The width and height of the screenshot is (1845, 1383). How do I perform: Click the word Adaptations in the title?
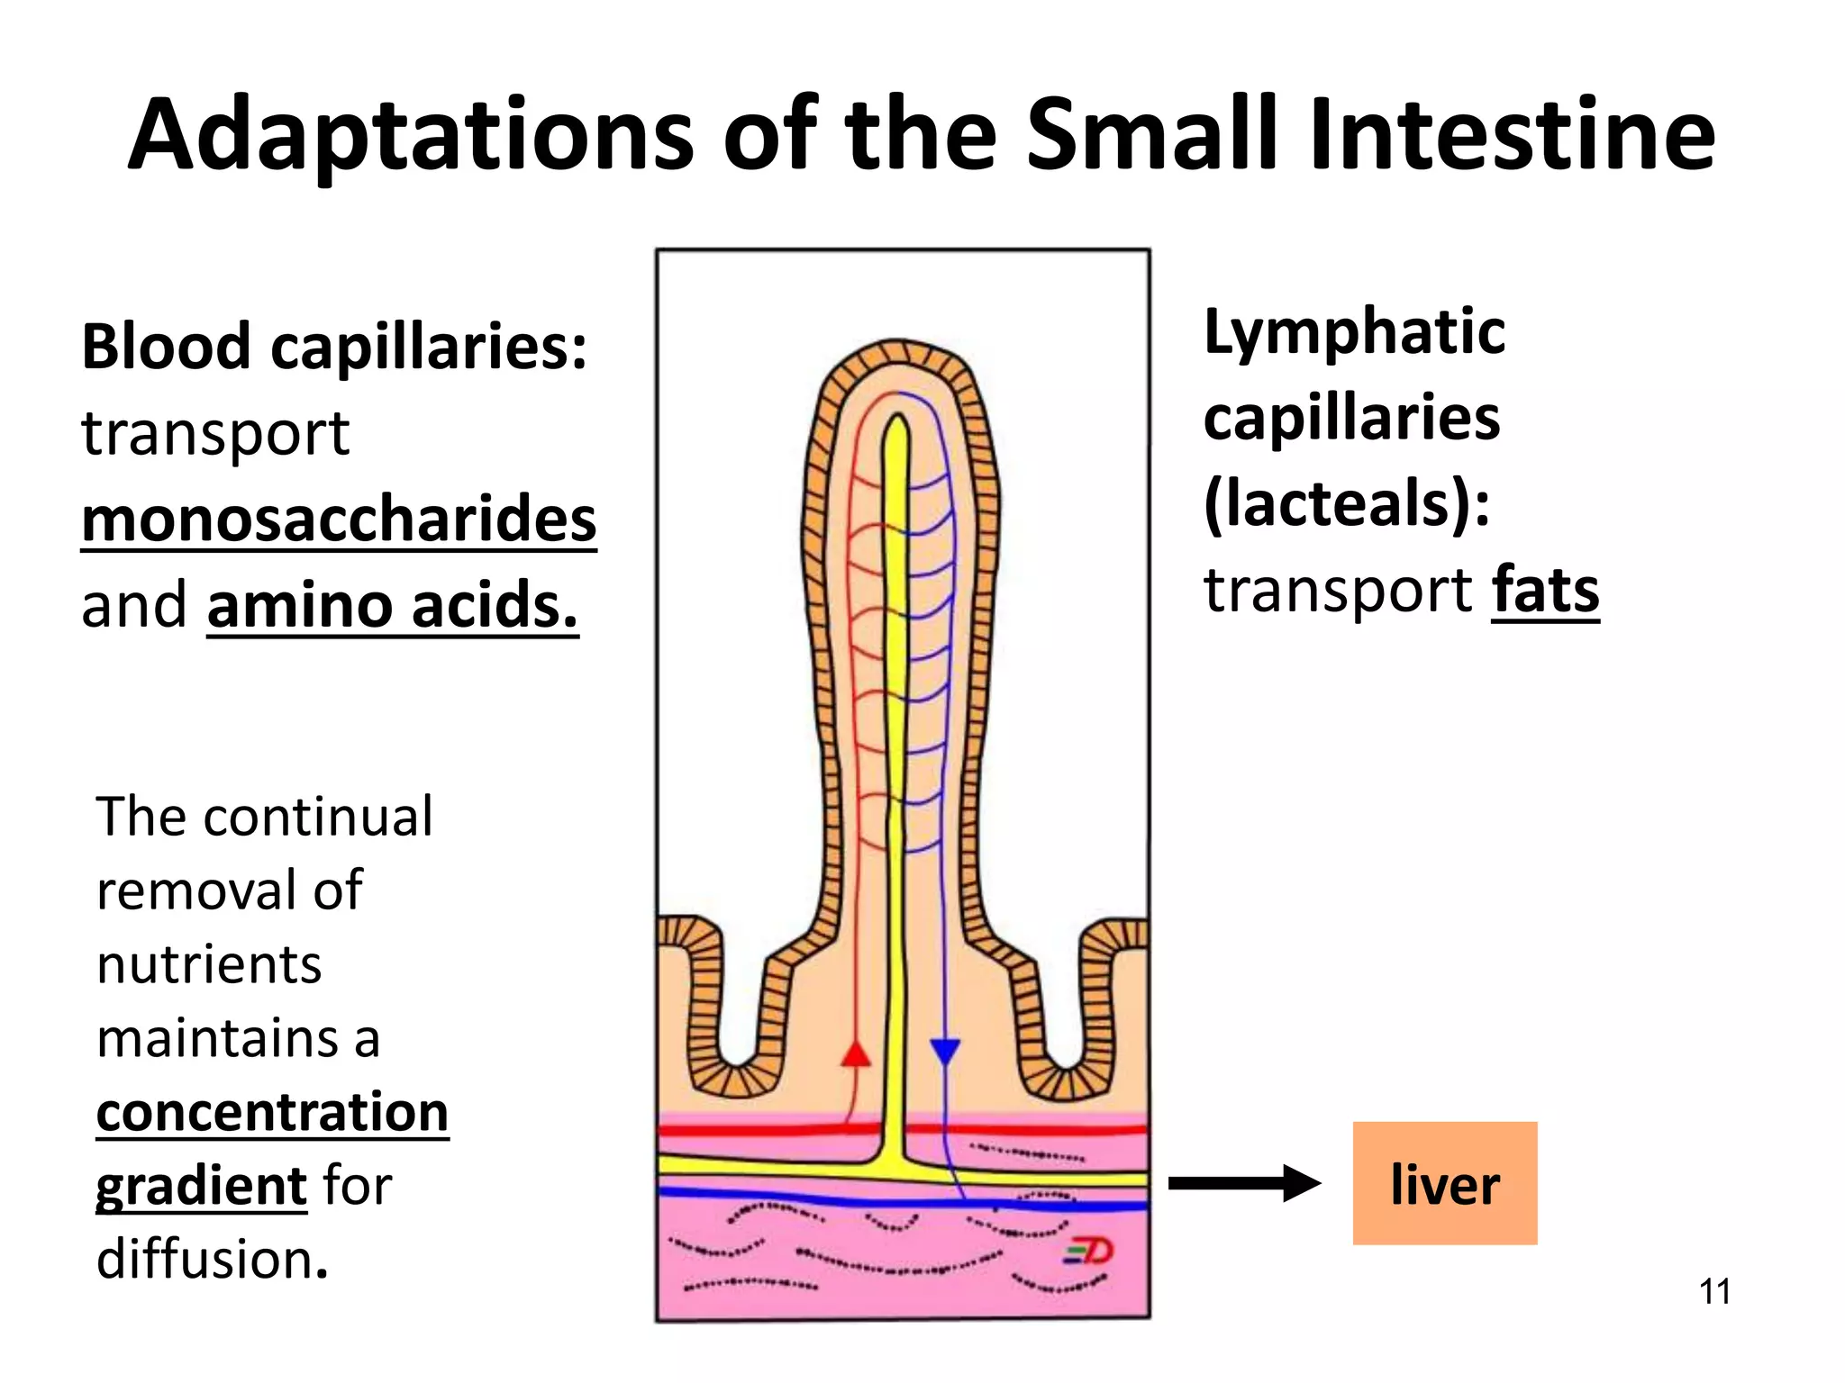(411, 135)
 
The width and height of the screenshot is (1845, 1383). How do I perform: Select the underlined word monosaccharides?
(339, 520)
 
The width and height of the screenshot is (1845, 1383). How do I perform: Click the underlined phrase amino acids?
(392, 605)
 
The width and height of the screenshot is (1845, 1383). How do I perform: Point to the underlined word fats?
(1545, 591)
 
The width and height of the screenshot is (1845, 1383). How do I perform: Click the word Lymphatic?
(1354, 331)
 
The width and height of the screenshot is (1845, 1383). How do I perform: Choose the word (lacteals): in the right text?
(1347, 503)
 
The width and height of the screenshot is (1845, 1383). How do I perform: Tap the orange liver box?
(1444, 1183)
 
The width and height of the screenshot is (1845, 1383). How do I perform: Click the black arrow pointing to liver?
(1243, 1183)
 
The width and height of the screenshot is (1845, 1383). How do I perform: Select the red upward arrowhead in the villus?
(856, 1053)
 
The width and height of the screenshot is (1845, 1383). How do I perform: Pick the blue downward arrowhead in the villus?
(944, 1052)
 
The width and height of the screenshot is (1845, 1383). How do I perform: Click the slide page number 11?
(1714, 1291)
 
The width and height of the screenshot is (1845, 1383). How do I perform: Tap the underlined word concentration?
(272, 1112)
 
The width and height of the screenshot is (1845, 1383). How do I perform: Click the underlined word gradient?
(202, 1186)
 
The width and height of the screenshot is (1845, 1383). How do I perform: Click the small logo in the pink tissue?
(1089, 1251)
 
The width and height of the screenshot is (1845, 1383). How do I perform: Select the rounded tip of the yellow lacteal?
(896, 425)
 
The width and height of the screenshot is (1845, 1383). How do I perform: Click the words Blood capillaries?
(334, 347)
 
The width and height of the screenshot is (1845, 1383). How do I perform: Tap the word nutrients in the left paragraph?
(209, 965)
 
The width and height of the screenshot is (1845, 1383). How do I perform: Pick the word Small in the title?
(1152, 135)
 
